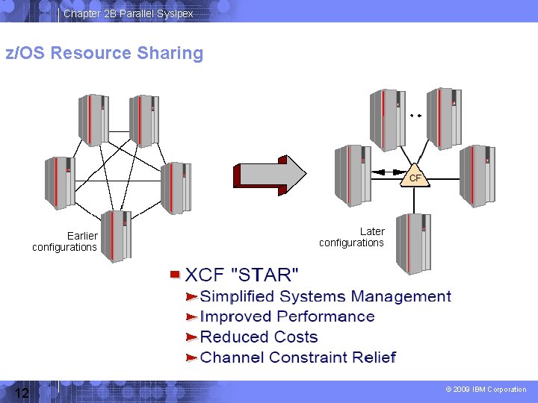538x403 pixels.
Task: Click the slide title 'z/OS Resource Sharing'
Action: pos(105,54)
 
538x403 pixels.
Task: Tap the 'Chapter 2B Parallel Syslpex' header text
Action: pos(128,13)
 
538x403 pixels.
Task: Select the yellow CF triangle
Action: pos(415,177)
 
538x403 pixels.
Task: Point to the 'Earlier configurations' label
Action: pos(65,242)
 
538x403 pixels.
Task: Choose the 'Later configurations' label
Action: pos(351,237)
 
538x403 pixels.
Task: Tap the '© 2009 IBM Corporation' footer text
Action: pos(486,390)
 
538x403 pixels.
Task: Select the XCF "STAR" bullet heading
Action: pos(241,275)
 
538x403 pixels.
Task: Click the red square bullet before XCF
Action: pos(175,275)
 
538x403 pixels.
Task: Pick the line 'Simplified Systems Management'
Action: pos(325,297)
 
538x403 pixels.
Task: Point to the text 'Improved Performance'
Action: pos(287,317)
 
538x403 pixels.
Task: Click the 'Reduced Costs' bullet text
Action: pos(259,337)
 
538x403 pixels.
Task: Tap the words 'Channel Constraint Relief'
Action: pos(297,357)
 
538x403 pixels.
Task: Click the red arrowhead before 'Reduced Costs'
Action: pos(191,338)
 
